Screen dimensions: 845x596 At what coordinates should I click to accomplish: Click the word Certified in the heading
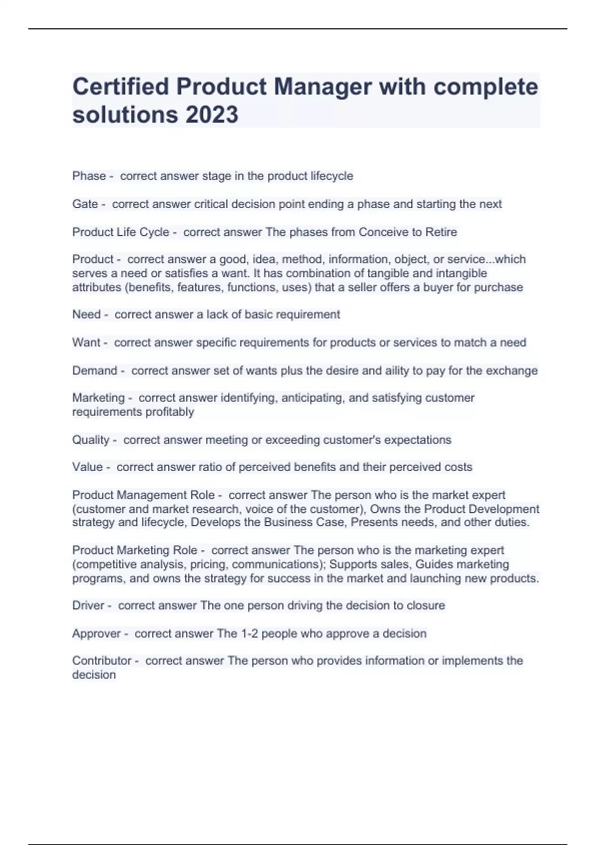pyautogui.click(x=121, y=86)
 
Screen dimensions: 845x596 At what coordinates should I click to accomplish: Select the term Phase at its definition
pyautogui.click(x=89, y=176)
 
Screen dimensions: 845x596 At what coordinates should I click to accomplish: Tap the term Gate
pyautogui.click(x=85, y=204)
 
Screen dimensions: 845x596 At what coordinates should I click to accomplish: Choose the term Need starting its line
pyautogui.click(x=86, y=315)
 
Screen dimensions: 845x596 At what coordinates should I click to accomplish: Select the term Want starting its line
pyautogui.click(x=86, y=342)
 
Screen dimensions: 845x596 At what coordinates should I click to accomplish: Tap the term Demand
pyautogui.click(x=94, y=371)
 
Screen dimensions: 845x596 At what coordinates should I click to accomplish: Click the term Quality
pyautogui.click(x=91, y=440)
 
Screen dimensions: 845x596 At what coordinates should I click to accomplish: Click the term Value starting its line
pyautogui.click(x=87, y=467)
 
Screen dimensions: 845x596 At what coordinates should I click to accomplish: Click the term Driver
pyautogui.click(x=88, y=605)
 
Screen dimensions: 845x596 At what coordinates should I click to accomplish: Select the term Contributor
pyautogui.click(x=102, y=661)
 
